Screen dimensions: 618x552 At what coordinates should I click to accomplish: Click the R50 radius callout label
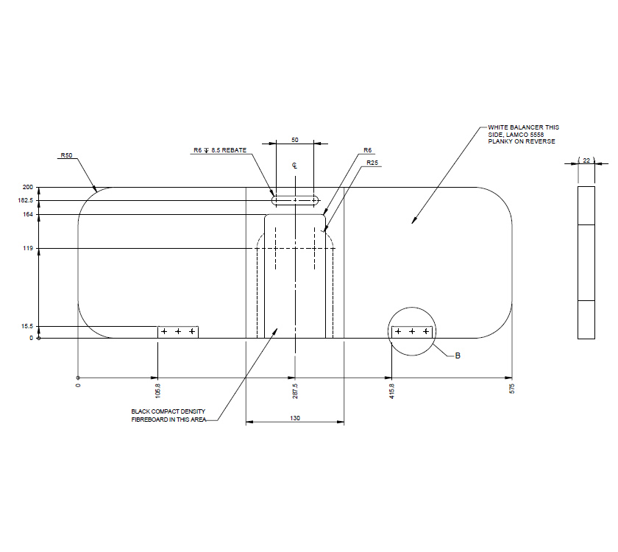click(67, 155)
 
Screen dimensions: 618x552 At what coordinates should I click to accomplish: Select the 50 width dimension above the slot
click(295, 140)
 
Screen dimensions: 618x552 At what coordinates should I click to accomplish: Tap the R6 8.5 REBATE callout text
click(220, 150)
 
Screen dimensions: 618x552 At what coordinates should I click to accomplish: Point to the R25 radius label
click(372, 163)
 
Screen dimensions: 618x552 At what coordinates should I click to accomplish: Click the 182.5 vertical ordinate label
click(26, 200)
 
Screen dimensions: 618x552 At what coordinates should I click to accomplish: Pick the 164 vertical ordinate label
click(29, 214)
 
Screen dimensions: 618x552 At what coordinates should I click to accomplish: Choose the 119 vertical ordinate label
click(29, 249)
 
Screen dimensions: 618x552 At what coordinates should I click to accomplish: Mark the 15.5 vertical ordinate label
click(27, 327)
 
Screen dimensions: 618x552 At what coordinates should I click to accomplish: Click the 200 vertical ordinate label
click(28, 187)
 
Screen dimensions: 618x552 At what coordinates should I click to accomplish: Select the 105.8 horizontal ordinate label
click(158, 391)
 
